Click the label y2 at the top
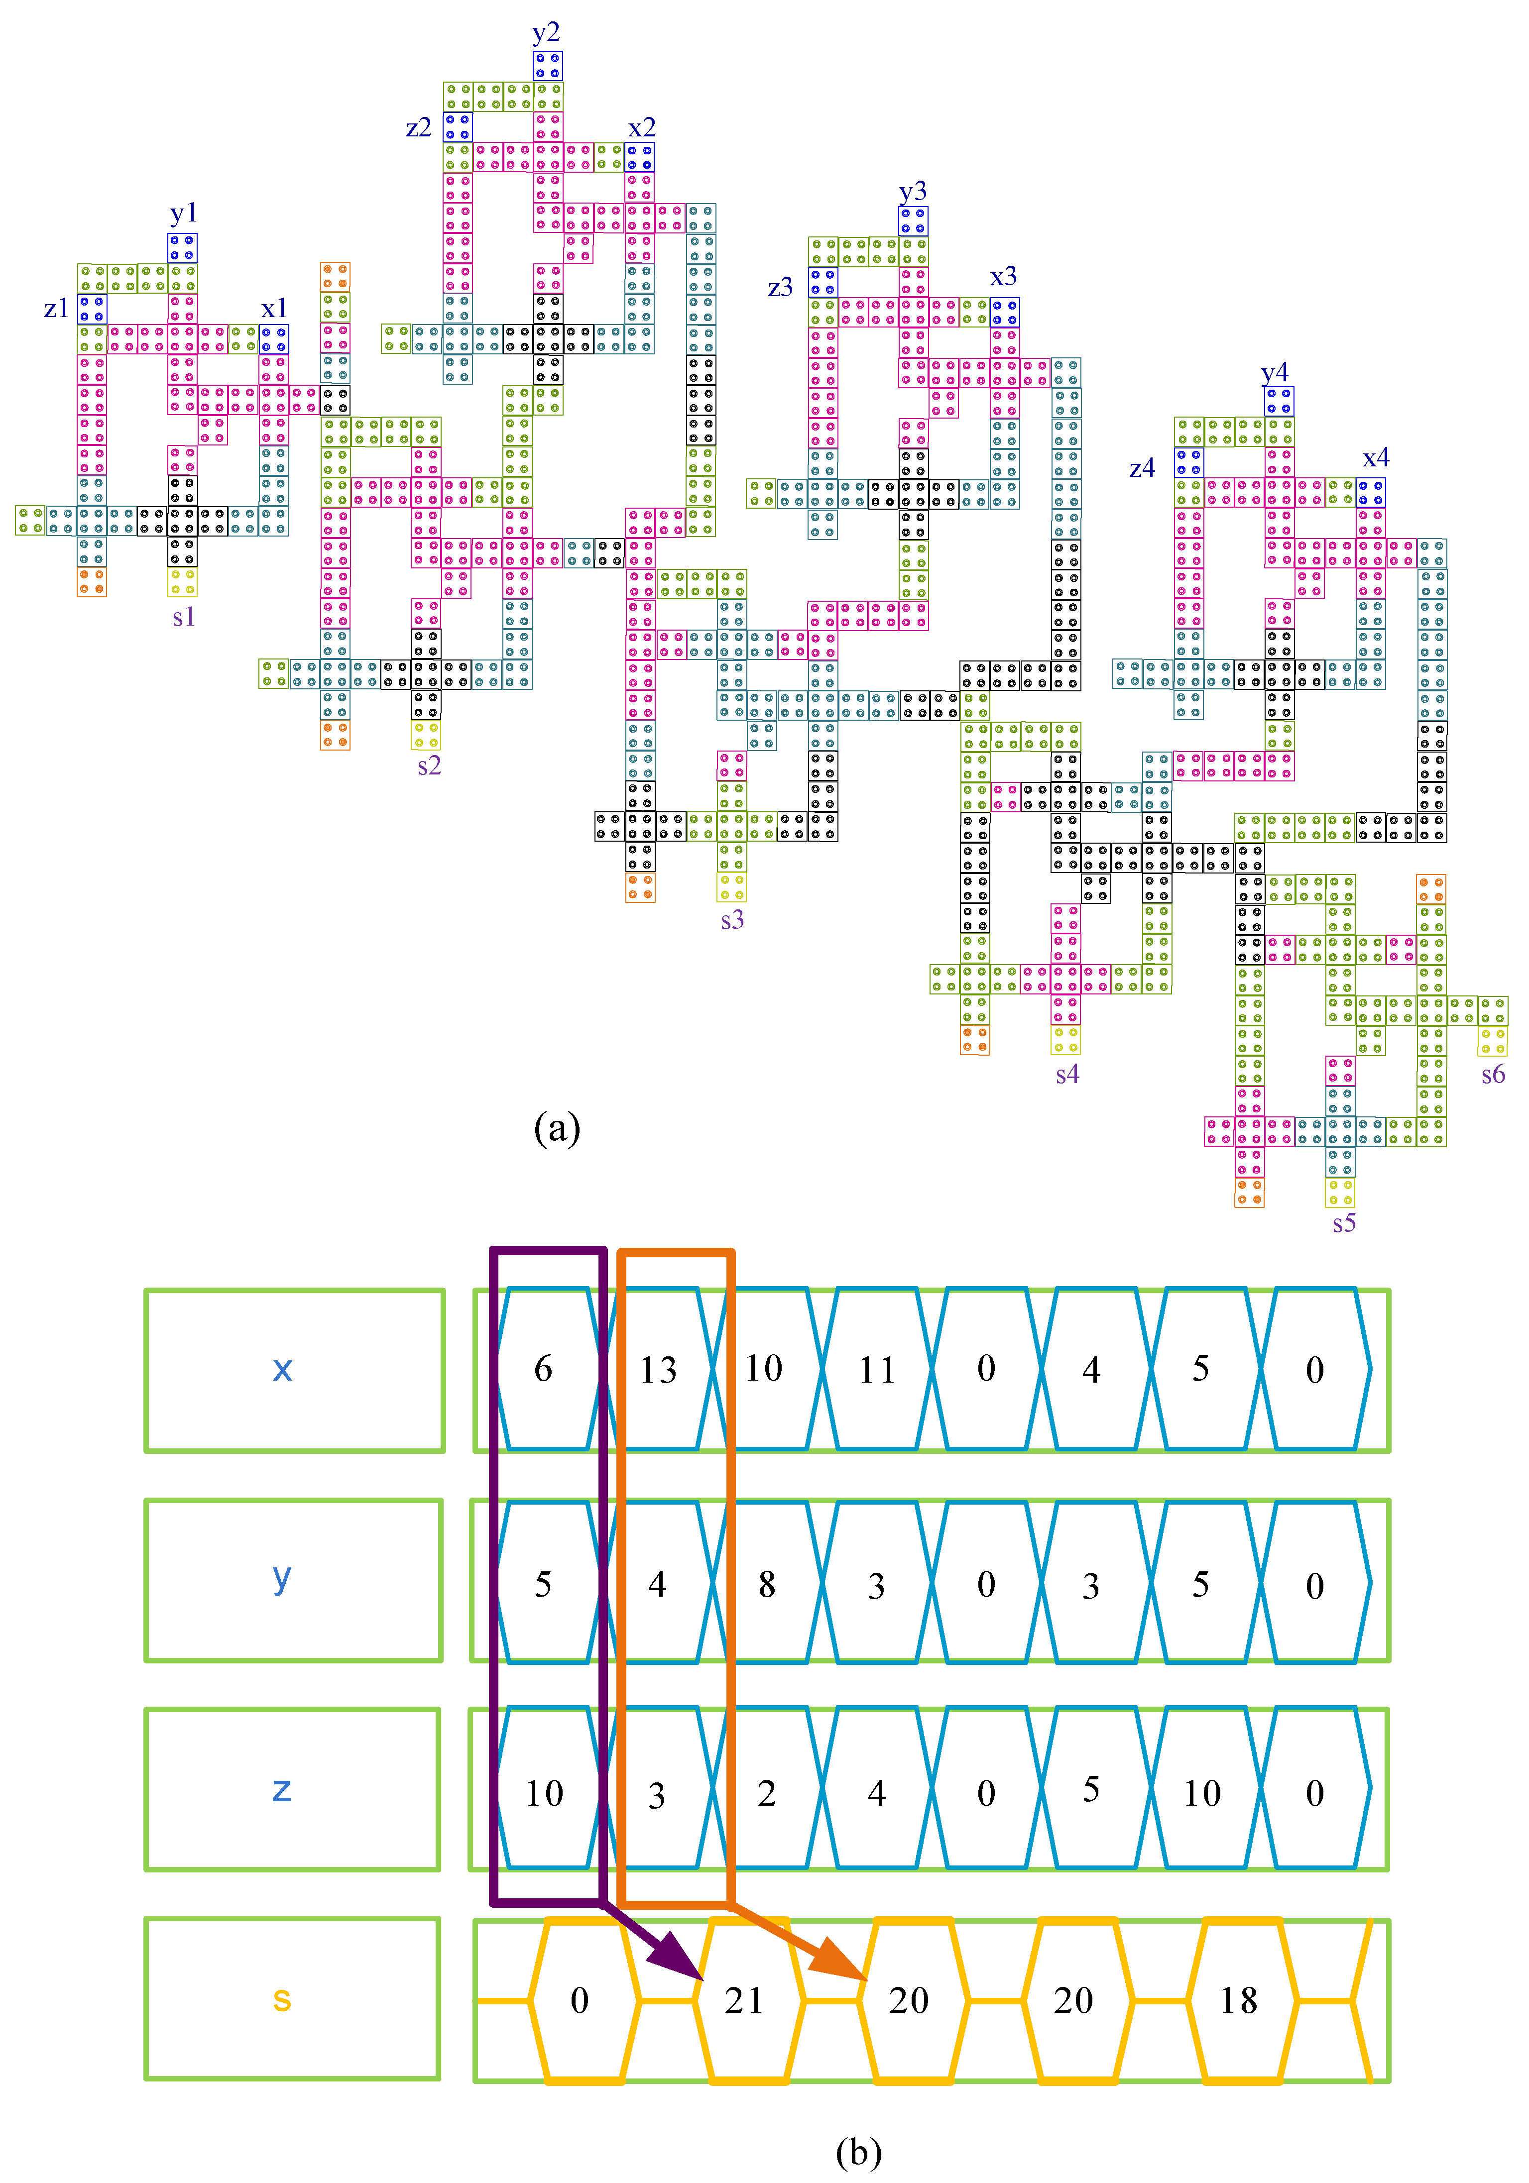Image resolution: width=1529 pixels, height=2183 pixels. [x=546, y=33]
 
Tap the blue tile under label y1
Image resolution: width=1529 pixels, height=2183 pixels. [x=183, y=248]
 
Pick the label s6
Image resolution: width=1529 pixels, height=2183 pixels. [x=1493, y=1075]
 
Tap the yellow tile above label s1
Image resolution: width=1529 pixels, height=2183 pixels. [x=183, y=581]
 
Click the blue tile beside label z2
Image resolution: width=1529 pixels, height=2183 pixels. [x=458, y=126]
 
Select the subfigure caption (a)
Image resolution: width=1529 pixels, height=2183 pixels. [x=557, y=1129]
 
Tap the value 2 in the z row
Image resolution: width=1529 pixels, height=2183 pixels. [x=766, y=1793]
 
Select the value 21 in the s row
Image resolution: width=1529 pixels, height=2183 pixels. [x=743, y=2000]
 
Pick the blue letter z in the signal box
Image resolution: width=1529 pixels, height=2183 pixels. [x=281, y=1789]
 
